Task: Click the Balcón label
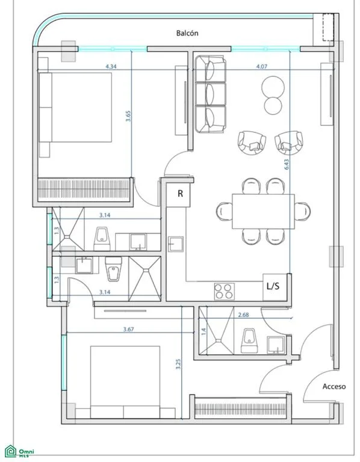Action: pyautogui.click(x=187, y=33)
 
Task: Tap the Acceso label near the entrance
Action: pyautogui.click(x=334, y=386)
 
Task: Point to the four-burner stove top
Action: pyautogui.click(x=225, y=291)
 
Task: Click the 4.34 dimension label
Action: pyautogui.click(x=111, y=67)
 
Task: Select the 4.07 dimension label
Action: pyautogui.click(x=261, y=67)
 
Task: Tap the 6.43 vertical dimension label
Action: pyautogui.click(x=287, y=164)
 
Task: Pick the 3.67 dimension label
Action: pyautogui.click(x=129, y=329)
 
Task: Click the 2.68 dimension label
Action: pyautogui.click(x=243, y=315)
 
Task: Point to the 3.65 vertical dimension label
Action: pyautogui.click(x=128, y=116)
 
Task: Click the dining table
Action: pyautogui.click(x=263, y=211)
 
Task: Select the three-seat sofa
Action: pyautogui.click(x=211, y=94)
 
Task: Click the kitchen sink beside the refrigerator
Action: pyautogui.click(x=176, y=244)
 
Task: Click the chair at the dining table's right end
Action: pyautogui.click(x=302, y=211)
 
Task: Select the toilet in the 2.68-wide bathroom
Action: pyautogui.click(x=249, y=340)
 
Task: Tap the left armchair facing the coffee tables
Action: pyautogui.click(x=252, y=143)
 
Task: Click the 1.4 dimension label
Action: pyautogui.click(x=203, y=332)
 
